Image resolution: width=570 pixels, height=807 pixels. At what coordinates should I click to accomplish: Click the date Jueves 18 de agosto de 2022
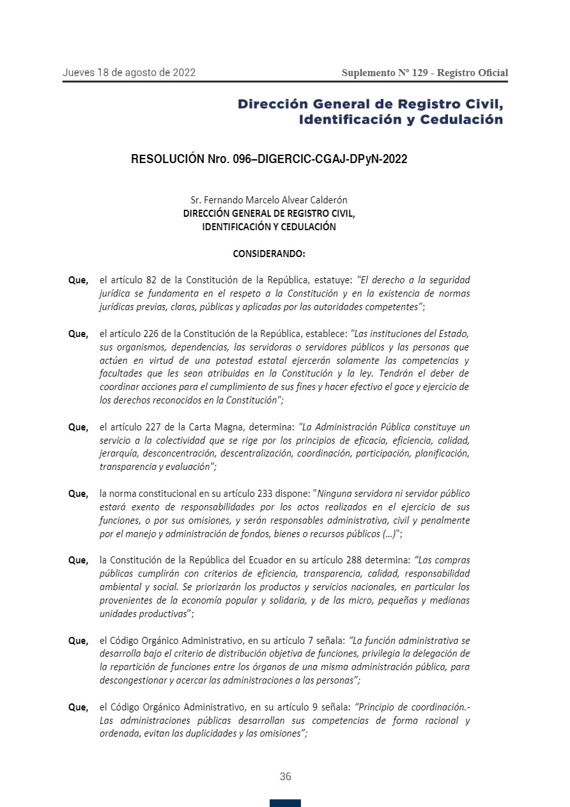(129, 72)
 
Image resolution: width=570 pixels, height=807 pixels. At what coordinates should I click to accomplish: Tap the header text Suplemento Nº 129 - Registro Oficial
(425, 73)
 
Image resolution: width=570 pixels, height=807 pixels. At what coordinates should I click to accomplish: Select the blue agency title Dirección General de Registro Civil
(370, 104)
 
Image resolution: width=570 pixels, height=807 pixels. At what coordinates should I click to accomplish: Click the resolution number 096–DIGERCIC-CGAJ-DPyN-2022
(318, 159)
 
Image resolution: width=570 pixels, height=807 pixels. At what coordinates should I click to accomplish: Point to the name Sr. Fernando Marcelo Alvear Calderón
(269, 200)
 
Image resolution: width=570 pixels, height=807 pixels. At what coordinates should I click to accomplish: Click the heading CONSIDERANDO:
(269, 254)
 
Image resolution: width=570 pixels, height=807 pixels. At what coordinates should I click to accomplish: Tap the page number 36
(285, 776)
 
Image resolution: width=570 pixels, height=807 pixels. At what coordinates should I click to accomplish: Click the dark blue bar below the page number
(285, 803)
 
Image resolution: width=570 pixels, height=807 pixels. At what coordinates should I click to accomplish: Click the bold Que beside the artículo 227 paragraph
(78, 427)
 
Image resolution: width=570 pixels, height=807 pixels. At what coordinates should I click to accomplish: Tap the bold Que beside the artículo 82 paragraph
(78, 280)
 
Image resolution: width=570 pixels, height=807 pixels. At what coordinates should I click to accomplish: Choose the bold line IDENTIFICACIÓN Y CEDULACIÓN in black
(269, 226)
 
